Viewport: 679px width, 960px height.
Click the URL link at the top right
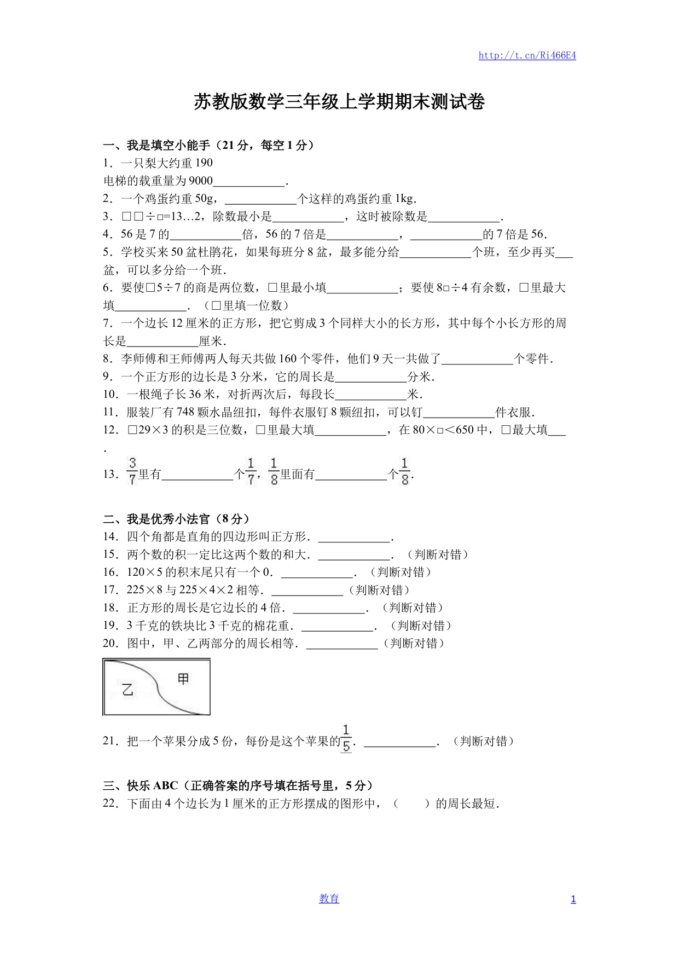click(527, 55)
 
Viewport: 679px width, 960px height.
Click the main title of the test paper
click(339, 102)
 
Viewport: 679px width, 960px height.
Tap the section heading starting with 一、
click(208, 145)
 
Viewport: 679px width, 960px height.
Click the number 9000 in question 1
click(200, 181)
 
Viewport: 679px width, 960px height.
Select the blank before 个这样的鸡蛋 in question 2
click(260, 199)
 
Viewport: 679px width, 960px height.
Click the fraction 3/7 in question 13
click(132, 471)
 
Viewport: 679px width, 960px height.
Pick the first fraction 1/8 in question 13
click(274, 471)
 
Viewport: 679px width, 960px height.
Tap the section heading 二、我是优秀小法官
click(176, 519)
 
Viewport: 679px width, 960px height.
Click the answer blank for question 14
click(354, 537)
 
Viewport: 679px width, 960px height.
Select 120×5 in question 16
click(144, 572)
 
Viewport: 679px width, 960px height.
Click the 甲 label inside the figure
click(183, 679)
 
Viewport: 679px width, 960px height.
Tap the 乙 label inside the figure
click(127, 690)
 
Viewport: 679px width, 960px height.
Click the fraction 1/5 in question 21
click(346, 738)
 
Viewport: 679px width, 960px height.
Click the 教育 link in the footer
click(329, 899)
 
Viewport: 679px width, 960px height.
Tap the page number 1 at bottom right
click(573, 899)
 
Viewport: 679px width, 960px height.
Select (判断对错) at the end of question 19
click(421, 626)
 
